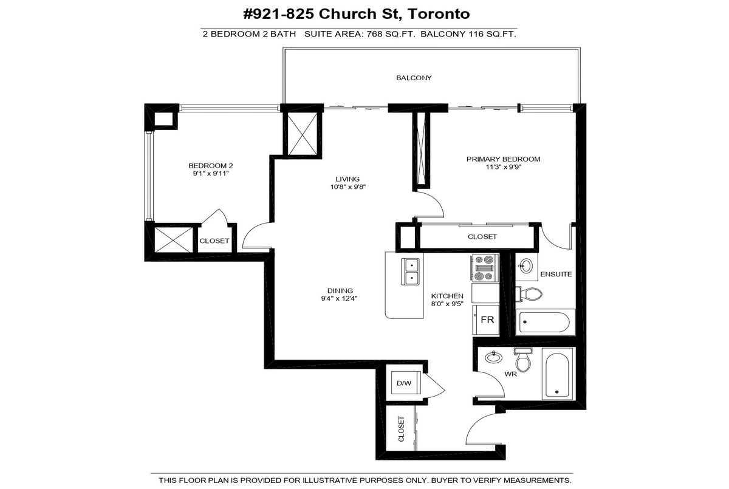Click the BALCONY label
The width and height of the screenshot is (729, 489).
(x=414, y=78)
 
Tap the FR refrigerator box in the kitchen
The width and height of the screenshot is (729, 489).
(x=486, y=320)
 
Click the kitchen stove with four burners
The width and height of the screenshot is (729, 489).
(x=484, y=268)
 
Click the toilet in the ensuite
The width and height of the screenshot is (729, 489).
(x=529, y=294)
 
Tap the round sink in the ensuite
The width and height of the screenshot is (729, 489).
(x=525, y=267)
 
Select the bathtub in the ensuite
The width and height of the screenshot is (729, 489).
(x=544, y=322)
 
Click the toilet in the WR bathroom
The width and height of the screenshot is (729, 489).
(x=523, y=360)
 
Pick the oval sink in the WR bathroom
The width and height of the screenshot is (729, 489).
(x=494, y=357)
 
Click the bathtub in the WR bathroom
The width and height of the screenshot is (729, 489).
(x=557, y=374)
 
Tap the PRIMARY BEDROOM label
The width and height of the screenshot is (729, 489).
(x=503, y=159)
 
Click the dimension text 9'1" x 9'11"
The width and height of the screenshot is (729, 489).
(x=211, y=173)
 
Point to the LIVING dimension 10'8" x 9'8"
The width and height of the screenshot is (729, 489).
(x=348, y=186)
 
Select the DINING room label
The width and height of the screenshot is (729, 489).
(x=340, y=290)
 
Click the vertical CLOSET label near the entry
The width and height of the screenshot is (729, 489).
(x=402, y=429)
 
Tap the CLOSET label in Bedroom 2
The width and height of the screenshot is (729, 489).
(x=214, y=241)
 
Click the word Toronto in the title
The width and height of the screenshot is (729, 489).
(x=439, y=14)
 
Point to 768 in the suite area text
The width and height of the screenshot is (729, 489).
(x=374, y=34)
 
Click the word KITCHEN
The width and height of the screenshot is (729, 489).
(x=447, y=296)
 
